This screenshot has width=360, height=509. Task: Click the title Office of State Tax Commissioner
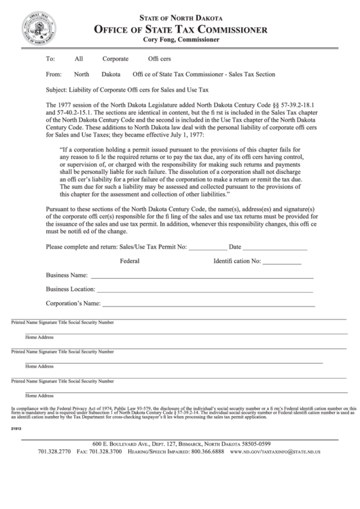[180, 29]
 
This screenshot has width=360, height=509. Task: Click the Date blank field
[275, 248]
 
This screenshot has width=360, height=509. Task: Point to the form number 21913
[16, 429]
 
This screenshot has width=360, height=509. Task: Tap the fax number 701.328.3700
[108, 452]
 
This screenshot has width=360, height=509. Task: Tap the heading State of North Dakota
[180, 18]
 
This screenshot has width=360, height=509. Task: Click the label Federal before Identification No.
[130, 261]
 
